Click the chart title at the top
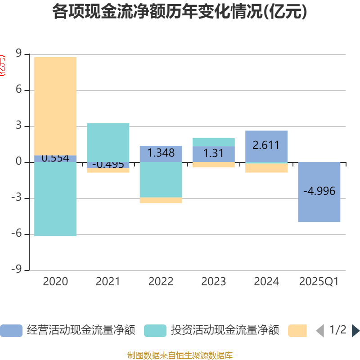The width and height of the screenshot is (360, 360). coord(180,12)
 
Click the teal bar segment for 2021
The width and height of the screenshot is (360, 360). coord(108,142)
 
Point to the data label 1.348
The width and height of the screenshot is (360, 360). coord(161,153)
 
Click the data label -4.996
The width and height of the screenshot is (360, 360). coord(319,191)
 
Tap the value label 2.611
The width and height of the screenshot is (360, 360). coord(266,145)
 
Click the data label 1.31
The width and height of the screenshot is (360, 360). coord(213,153)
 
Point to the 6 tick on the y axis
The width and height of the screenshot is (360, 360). coord(18,90)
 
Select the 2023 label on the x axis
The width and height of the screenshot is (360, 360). coord(213,282)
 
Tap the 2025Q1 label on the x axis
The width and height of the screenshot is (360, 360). coord(319,282)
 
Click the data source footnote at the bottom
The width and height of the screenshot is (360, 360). coord(180,355)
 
